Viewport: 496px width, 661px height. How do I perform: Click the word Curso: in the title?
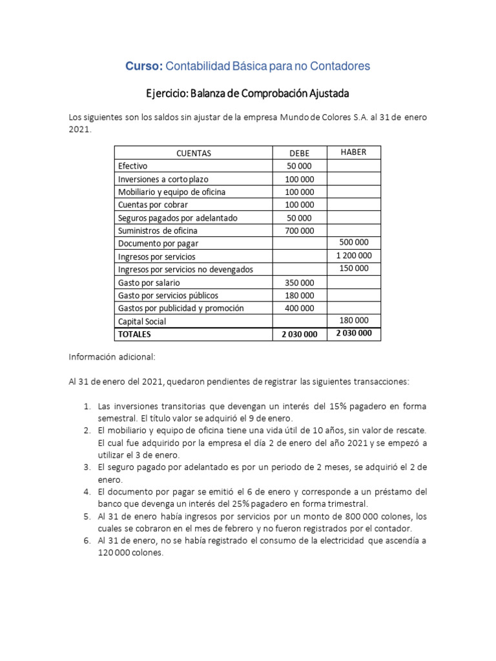(144, 66)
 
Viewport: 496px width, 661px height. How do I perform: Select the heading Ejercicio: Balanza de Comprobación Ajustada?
(247, 93)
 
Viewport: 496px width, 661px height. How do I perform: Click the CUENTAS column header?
(193, 153)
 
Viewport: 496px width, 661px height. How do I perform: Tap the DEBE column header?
(299, 153)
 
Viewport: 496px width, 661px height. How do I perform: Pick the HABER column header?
(353, 152)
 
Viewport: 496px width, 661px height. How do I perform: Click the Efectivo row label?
(132, 166)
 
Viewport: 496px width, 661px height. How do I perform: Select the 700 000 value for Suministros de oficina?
(299, 230)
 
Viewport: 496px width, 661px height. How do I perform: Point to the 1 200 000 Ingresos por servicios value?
(354, 256)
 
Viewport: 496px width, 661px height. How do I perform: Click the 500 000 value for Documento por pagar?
(354, 243)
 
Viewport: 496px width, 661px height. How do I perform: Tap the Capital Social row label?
(141, 321)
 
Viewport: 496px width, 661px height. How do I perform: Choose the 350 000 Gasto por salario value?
(299, 282)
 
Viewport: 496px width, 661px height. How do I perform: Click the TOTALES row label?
(134, 334)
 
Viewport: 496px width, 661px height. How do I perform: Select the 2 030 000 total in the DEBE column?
(299, 334)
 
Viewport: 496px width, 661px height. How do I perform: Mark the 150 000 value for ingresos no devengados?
(354, 269)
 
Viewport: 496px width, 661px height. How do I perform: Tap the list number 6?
(87, 540)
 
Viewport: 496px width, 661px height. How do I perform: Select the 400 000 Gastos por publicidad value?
(299, 308)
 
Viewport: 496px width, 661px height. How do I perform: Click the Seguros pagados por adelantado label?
(178, 218)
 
